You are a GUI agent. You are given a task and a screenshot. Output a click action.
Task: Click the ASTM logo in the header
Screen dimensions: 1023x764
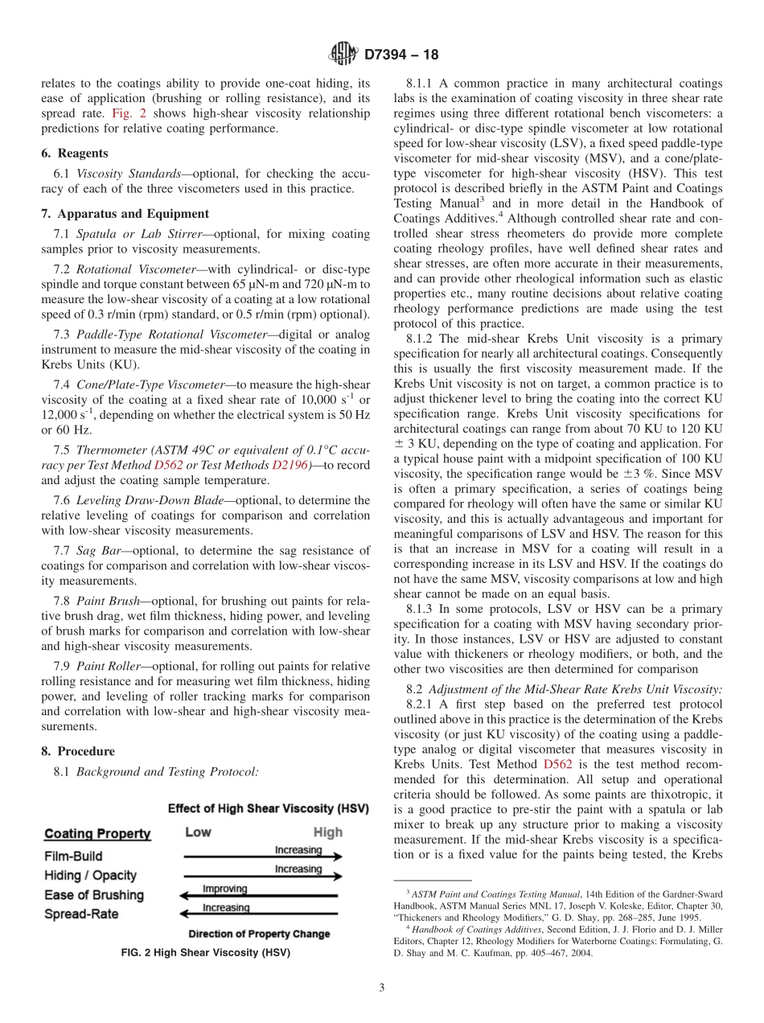pyautogui.click(x=344, y=55)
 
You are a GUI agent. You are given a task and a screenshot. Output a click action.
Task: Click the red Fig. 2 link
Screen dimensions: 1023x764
pyautogui.click(x=130, y=113)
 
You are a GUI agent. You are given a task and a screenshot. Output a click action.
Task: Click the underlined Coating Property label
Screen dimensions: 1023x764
pyautogui.click(x=97, y=834)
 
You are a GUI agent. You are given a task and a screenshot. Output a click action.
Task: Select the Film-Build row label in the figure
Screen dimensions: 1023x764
pyautogui.click(x=73, y=857)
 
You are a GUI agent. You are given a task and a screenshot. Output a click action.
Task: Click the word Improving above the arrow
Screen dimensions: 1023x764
pyautogui.click(x=224, y=889)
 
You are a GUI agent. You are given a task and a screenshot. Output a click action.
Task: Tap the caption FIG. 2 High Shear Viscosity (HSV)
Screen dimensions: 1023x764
pyautogui.click(x=205, y=953)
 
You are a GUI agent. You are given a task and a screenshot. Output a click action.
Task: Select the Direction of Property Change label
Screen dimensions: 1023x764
pyautogui.click(x=259, y=934)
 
